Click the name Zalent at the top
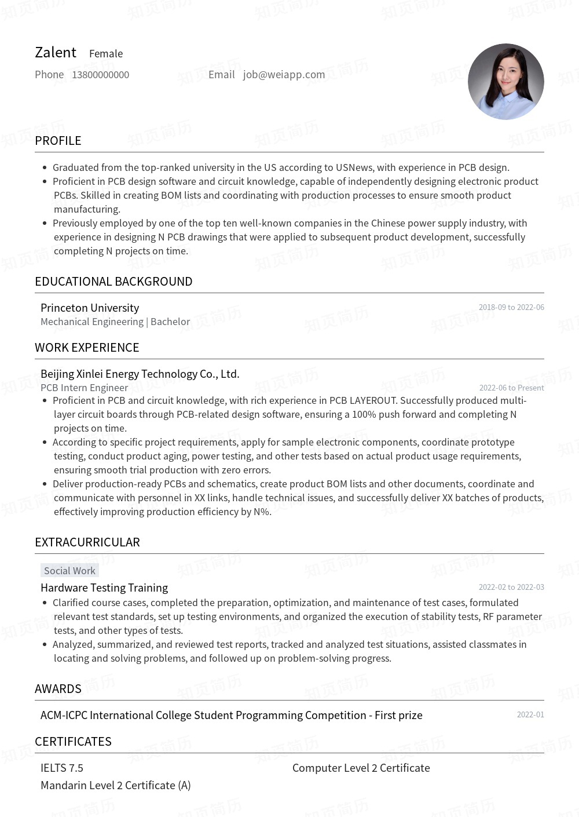pyautogui.click(x=56, y=53)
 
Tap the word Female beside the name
pyautogui.click(x=106, y=54)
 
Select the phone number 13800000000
pyautogui.click(x=100, y=75)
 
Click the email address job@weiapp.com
pyautogui.click(x=284, y=75)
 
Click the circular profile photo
pyautogui.click(x=505, y=82)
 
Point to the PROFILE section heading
pyautogui.click(x=58, y=141)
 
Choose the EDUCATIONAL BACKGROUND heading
pyautogui.click(x=113, y=282)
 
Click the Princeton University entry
pyautogui.click(x=90, y=308)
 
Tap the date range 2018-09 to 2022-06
pyautogui.click(x=511, y=307)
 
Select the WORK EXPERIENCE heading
pyautogui.click(x=87, y=348)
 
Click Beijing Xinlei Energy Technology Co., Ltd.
pyautogui.click(x=140, y=374)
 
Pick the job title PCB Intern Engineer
pyautogui.click(x=84, y=388)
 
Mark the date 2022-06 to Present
pyautogui.click(x=511, y=388)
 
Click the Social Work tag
pyautogui.click(x=69, y=571)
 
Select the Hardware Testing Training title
pyautogui.click(x=104, y=588)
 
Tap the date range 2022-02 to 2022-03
pyautogui.click(x=511, y=587)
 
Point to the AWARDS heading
pyautogui.click(x=58, y=689)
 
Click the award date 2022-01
pyautogui.click(x=530, y=714)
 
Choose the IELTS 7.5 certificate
pyautogui.click(x=62, y=768)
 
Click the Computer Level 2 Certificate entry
pyautogui.click(x=361, y=768)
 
